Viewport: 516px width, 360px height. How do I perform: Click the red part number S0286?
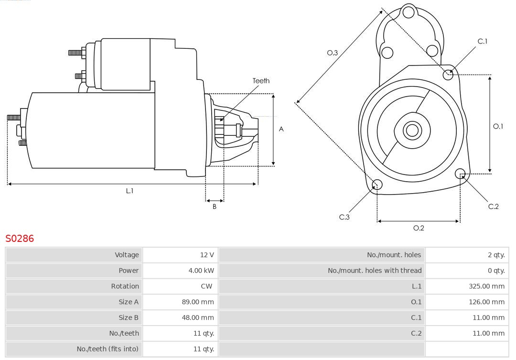[20, 238]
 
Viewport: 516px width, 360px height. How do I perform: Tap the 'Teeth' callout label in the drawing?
[261, 81]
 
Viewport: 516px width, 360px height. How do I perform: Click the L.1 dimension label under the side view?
[129, 191]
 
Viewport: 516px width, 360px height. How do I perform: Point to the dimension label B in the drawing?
[215, 207]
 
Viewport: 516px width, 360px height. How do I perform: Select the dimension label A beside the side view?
[281, 129]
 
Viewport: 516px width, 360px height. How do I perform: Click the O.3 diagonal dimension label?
[333, 53]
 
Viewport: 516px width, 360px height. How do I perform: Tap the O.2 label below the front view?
[419, 228]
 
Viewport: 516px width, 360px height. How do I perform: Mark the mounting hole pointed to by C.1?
[448, 74]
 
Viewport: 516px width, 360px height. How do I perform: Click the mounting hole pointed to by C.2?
[460, 173]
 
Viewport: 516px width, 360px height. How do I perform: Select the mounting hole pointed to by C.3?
[377, 185]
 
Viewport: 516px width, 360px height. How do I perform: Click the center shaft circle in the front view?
[411, 130]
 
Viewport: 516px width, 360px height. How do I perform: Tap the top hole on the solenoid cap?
[408, 12]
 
